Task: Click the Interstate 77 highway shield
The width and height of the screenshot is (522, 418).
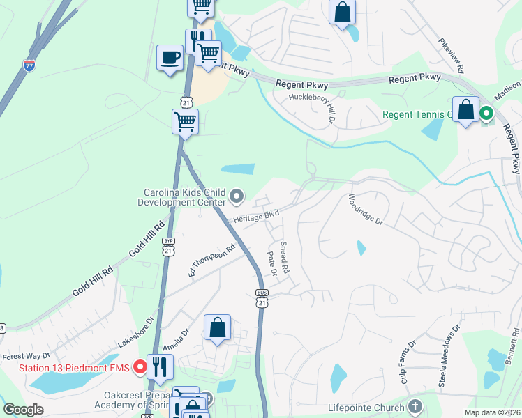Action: pos(29,66)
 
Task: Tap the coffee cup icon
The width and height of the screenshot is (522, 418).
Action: pos(170,58)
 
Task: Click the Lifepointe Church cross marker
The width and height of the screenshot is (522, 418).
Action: pos(415,407)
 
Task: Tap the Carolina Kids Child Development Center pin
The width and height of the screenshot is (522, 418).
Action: pos(236,196)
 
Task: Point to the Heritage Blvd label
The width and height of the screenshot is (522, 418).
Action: pos(256,217)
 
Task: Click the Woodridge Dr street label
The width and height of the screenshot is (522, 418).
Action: pos(366,209)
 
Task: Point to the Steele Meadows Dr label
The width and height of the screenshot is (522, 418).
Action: pos(448,348)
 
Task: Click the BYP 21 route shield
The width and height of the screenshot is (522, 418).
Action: pos(168,247)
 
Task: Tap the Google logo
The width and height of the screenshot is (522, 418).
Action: pos(23,410)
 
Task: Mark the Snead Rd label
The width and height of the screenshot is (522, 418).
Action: pos(285,256)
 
